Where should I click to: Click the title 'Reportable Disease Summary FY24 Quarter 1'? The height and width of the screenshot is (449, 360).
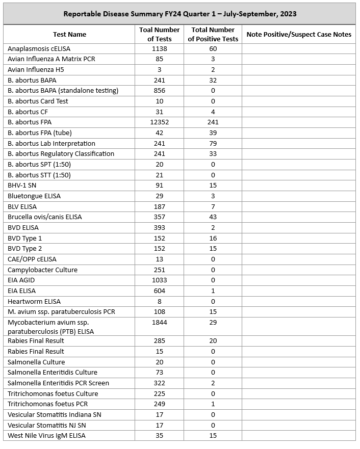(x=179, y=14)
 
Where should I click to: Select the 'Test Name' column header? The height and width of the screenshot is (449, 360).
(x=69, y=35)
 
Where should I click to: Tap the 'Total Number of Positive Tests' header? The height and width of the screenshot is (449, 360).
(x=213, y=35)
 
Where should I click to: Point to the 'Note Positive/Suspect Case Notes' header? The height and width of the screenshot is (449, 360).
(x=298, y=35)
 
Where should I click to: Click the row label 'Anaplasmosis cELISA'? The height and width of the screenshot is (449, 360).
(x=39, y=48)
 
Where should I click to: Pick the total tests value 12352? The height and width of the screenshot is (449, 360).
(x=159, y=122)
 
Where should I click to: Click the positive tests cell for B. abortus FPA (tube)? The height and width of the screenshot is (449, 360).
(x=213, y=133)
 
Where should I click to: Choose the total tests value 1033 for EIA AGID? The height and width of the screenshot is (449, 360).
(x=159, y=280)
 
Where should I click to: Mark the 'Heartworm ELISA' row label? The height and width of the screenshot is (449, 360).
(x=34, y=301)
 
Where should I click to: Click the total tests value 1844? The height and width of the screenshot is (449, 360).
(x=159, y=323)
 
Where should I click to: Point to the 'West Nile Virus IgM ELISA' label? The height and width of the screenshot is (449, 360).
(x=46, y=436)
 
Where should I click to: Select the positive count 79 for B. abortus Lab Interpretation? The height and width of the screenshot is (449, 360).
(x=213, y=143)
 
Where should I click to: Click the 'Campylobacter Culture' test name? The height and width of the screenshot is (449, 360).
(x=42, y=270)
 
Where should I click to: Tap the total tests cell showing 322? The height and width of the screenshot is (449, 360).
(x=159, y=383)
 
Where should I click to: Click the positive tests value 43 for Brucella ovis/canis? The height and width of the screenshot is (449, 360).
(x=213, y=217)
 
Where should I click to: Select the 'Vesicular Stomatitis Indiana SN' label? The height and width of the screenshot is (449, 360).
(x=55, y=415)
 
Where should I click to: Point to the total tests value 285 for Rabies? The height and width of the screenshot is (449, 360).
(x=159, y=341)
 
